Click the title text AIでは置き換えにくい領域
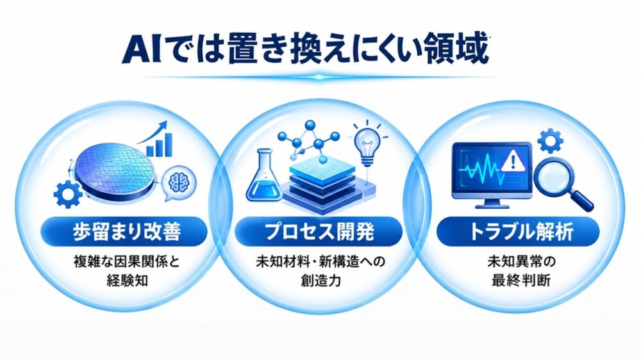coord(305,50)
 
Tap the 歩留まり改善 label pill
coord(124,232)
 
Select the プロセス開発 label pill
coord(319,232)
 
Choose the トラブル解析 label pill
coord(518,232)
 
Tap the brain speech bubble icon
coord(178,184)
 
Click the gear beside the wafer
coord(67,194)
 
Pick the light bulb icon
coord(367,143)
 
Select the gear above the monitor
coord(550,141)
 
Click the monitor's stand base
coord(492,205)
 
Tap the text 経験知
coord(127,281)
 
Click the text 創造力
coord(321,281)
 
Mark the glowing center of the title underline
coord(319,77)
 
